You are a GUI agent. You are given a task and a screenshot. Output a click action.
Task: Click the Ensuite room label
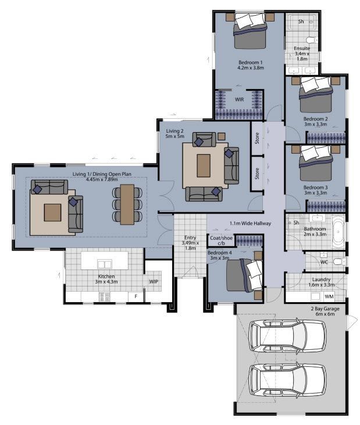tap(302, 48)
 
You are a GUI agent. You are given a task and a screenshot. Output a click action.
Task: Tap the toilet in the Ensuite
tap(312, 40)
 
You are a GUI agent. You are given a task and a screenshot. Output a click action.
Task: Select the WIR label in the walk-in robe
tap(239, 100)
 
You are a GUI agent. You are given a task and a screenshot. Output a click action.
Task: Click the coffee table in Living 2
tap(204, 165)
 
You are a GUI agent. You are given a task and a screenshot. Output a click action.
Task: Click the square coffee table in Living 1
tap(52, 212)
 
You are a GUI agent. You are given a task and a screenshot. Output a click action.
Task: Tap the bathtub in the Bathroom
tap(338, 232)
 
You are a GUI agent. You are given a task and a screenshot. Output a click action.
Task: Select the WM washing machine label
tap(329, 296)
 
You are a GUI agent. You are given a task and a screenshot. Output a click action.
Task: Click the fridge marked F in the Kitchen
tap(136, 296)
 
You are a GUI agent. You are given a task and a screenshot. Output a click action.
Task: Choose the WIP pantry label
tap(154, 282)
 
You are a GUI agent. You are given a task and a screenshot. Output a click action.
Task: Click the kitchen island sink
tap(105, 264)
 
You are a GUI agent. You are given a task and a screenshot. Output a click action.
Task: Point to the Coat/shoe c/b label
tap(221, 240)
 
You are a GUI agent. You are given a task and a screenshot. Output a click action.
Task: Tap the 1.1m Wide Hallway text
tap(251, 224)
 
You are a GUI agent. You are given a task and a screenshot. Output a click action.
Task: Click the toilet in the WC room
tap(339, 262)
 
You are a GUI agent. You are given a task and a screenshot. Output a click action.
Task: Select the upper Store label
tap(257, 138)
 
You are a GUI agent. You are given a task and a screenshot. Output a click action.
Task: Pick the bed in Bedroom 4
tap(244, 275)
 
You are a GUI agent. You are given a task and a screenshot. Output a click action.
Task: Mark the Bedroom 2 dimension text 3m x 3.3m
tap(315, 125)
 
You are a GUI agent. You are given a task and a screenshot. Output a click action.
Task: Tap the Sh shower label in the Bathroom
tap(297, 222)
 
